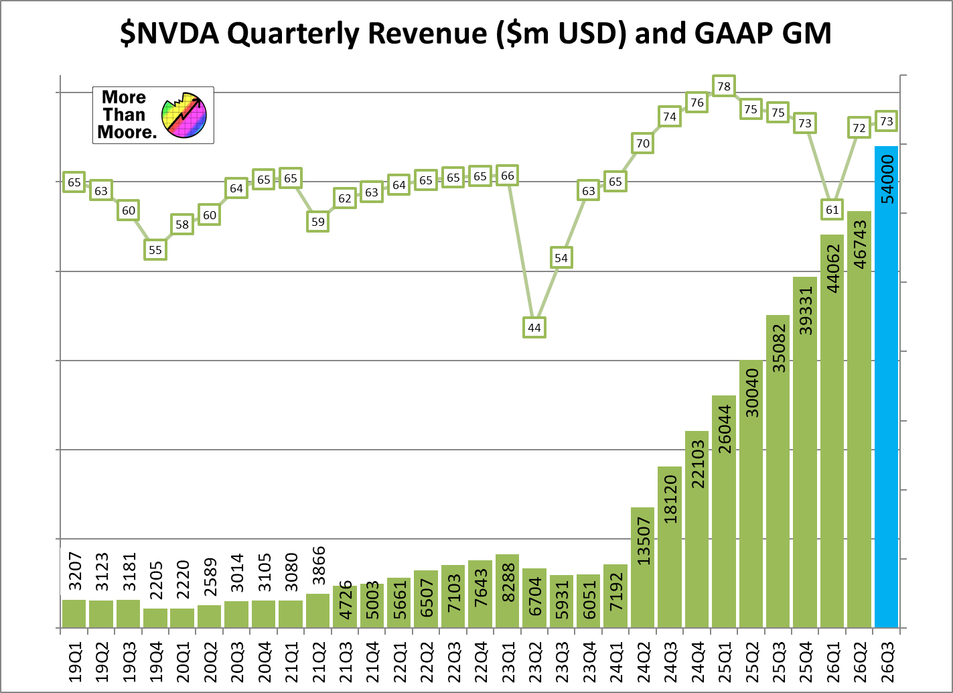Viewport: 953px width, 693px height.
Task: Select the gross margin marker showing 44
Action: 534,328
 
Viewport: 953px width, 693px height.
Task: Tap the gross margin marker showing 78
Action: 723,86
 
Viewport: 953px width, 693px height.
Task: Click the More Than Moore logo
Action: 153,115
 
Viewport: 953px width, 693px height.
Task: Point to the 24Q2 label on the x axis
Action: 643,662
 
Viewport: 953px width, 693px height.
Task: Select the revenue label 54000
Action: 887,179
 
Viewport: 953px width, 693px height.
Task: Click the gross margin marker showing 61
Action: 832,210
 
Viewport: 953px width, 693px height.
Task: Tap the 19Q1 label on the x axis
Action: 74,662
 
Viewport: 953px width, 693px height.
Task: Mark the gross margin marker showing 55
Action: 155,250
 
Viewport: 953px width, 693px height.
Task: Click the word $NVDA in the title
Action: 169,34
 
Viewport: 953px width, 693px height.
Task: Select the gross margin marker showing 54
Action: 561,258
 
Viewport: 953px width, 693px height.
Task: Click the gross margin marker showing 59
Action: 317,221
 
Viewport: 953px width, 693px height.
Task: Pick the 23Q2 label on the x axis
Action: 534,662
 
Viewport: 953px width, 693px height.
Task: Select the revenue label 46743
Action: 860,245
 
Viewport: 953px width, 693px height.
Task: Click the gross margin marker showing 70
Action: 642,143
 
